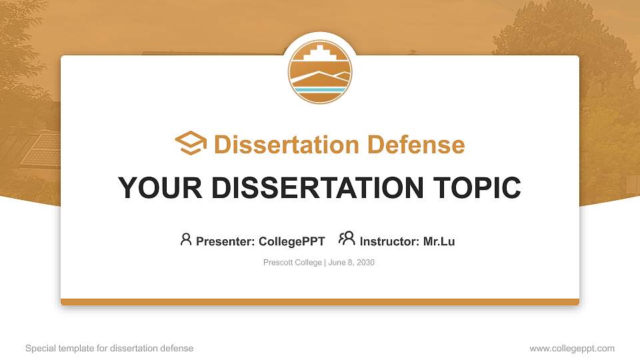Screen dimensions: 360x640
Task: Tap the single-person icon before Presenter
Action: pos(186,239)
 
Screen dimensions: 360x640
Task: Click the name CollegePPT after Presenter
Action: pos(291,241)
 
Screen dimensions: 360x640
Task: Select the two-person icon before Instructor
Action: pos(347,239)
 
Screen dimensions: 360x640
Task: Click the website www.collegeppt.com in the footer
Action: pos(572,349)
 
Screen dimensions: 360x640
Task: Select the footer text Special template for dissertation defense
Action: pos(109,349)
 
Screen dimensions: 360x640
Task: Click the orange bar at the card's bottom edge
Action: pos(320,302)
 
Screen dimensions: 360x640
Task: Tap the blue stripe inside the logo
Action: pos(320,89)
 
